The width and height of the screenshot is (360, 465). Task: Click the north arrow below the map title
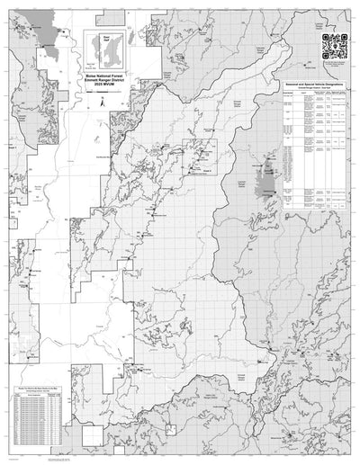pos(102,103)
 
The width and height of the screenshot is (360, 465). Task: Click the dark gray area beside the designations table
pos(266,180)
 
